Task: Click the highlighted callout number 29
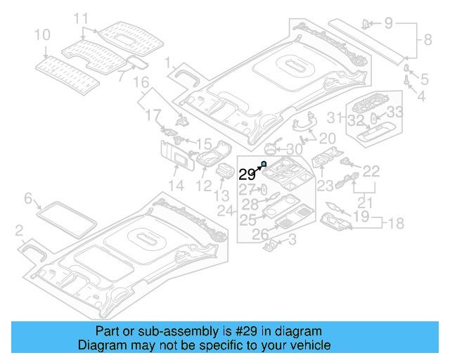click(x=247, y=174)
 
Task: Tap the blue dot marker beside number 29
click(x=264, y=164)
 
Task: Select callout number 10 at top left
click(x=42, y=34)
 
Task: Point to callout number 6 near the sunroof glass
click(x=28, y=199)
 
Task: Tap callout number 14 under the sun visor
click(x=176, y=186)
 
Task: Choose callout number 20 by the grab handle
click(x=328, y=139)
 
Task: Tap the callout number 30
click(x=294, y=150)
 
